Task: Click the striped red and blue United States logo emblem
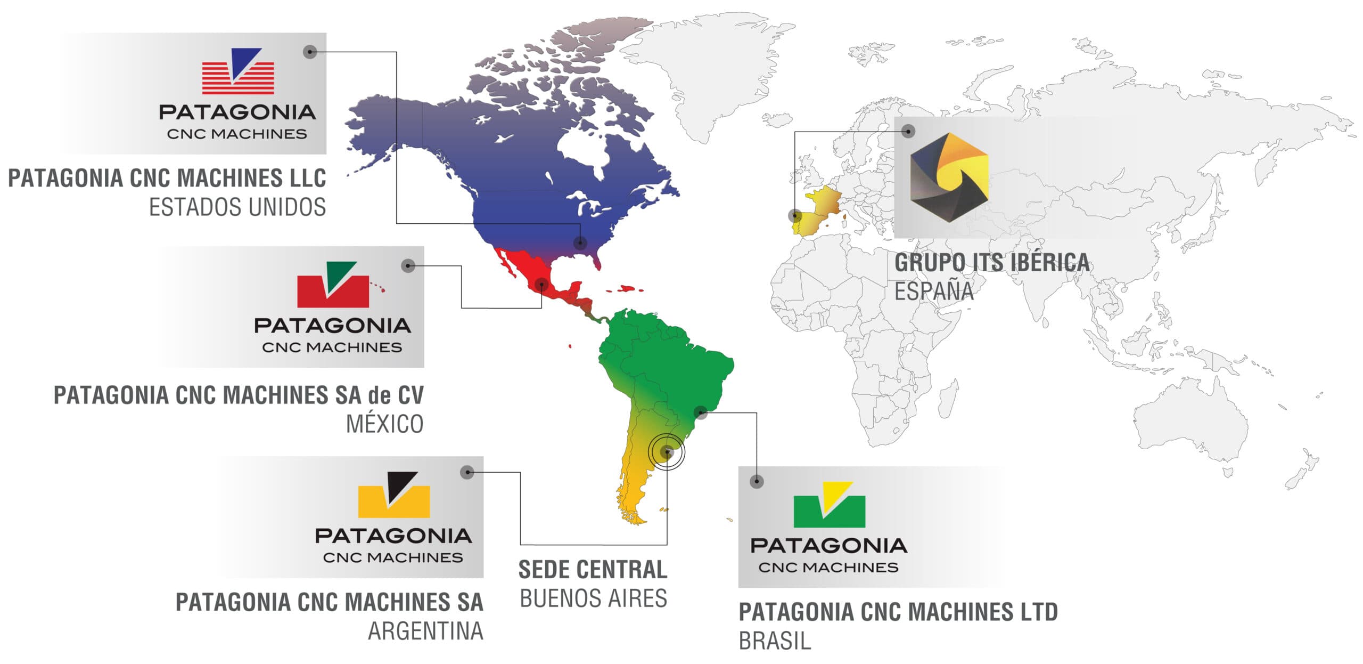[x=238, y=72]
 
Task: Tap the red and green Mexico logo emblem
[x=333, y=285]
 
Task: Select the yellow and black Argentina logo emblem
[x=393, y=495]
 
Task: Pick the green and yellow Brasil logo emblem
[x=829, y=505]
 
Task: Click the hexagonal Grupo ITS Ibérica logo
[x=949, y=177]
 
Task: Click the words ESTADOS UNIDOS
[x=237, y=207]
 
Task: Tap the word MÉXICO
[x=385, y=424]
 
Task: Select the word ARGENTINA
[x=425, y=631]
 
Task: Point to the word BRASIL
[x=775, y=641]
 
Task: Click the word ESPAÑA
[x=934, y=291]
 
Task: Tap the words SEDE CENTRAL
[x=593, y=569]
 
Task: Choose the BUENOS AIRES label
[x=593, y=598]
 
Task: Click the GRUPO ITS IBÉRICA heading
[x=992, y=262]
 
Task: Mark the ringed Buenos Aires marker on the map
[x=667, y=452]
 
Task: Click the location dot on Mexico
[x=541, y=284]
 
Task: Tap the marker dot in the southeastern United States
[x=580, y=243]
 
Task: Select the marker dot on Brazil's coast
[x=701, y=412]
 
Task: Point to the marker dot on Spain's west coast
[x=795, y=216]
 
